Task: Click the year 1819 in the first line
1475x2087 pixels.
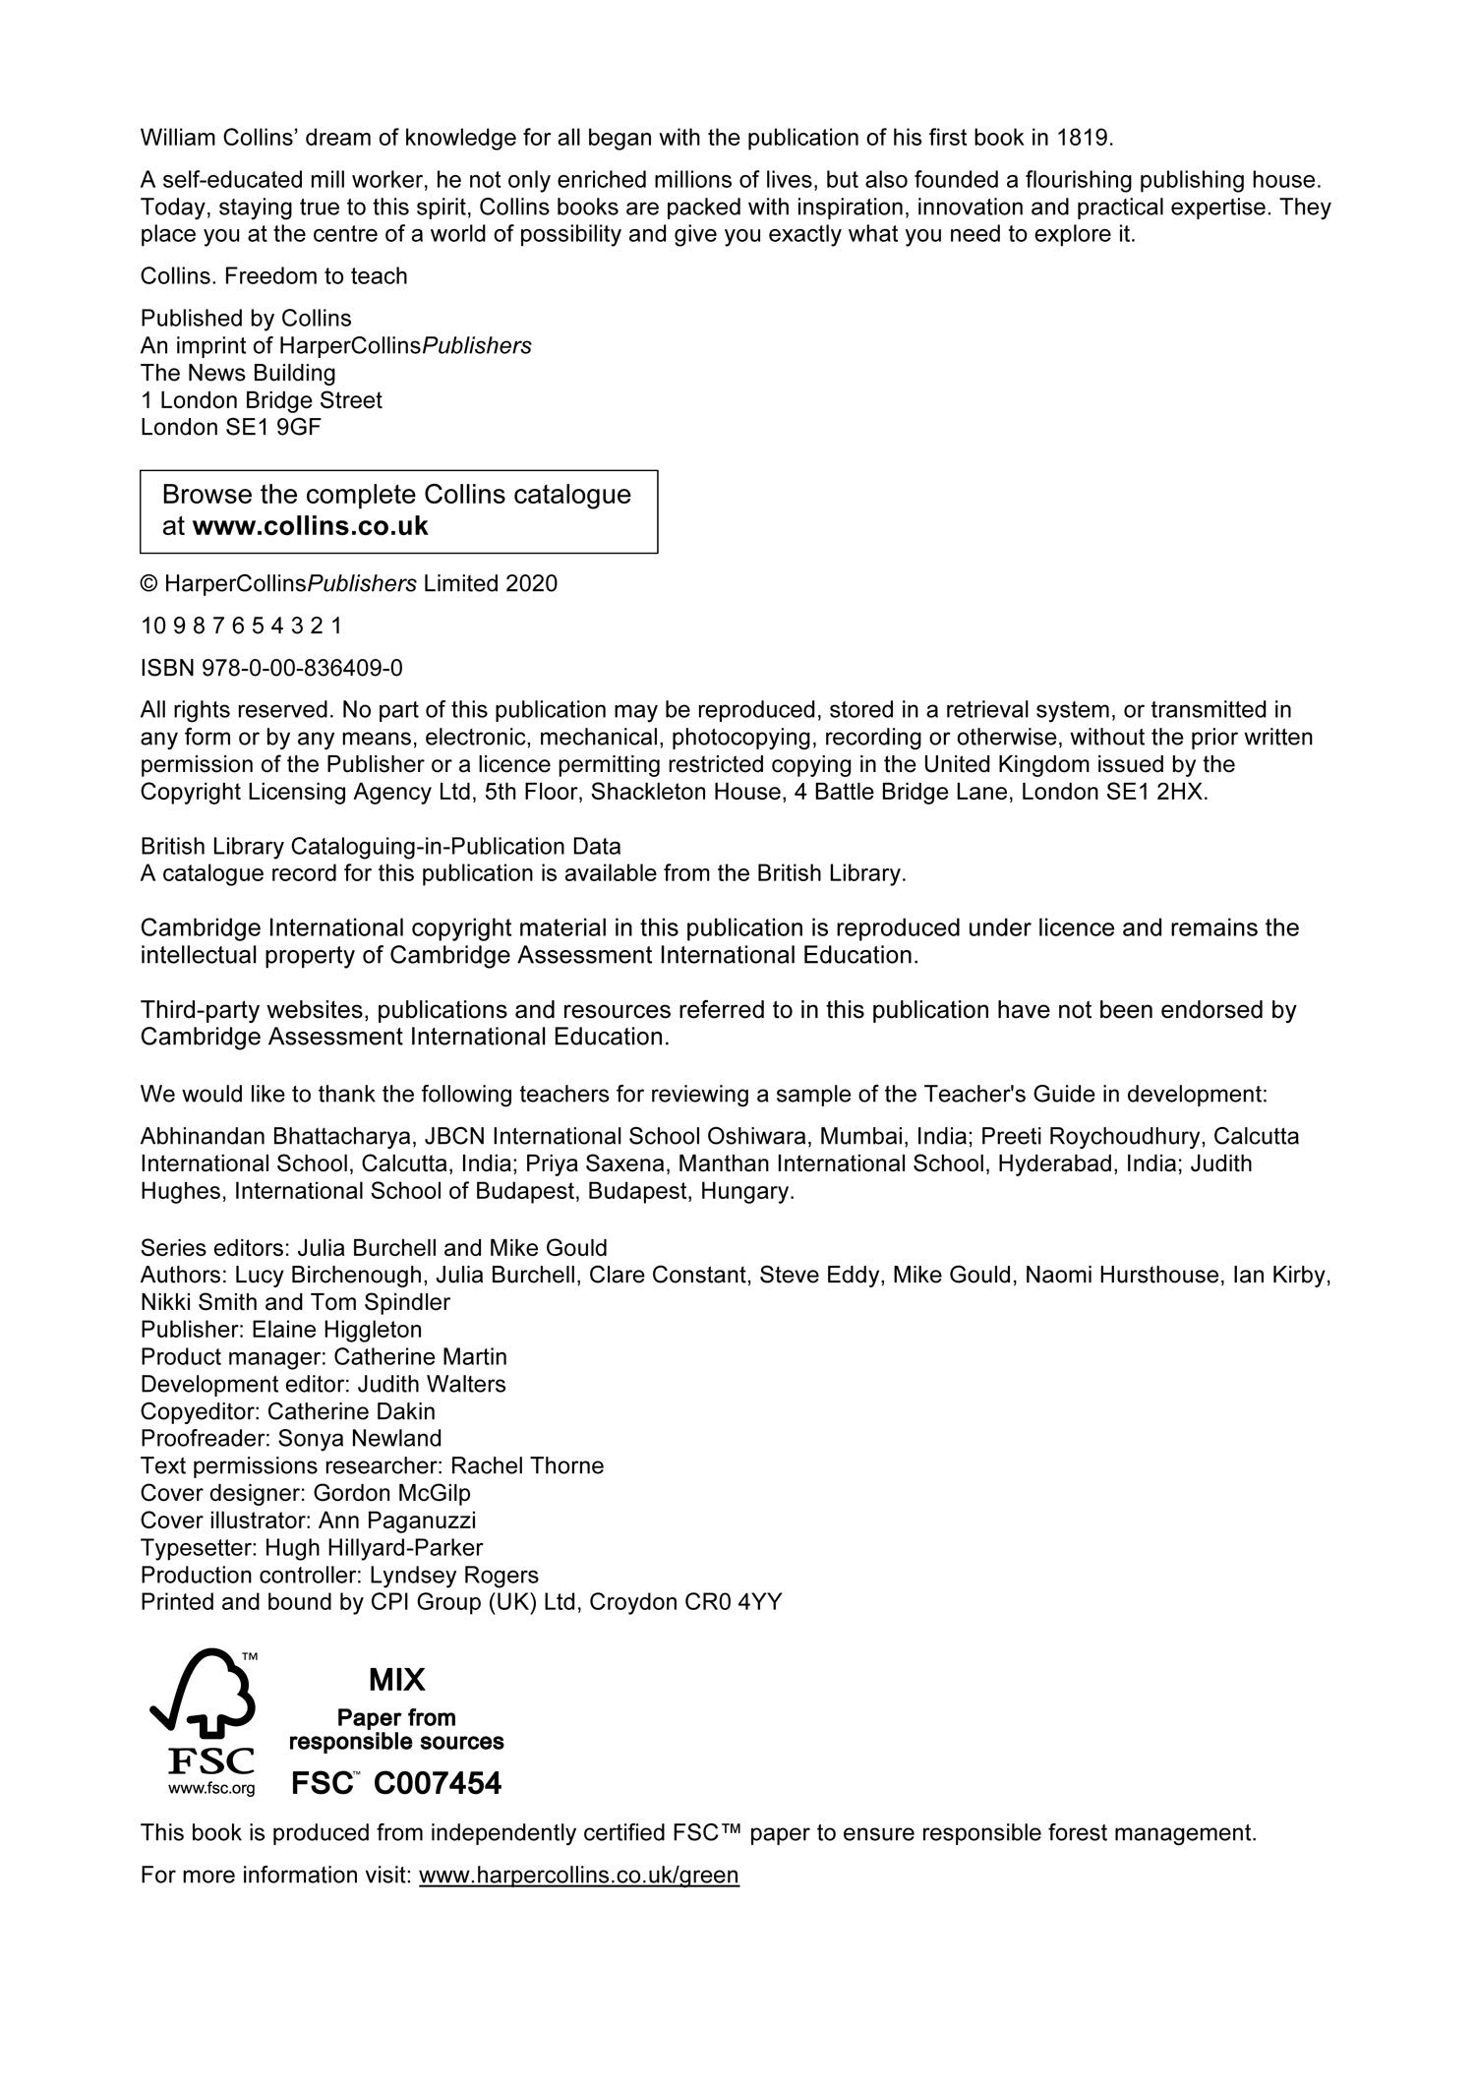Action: [x=1084, y=138]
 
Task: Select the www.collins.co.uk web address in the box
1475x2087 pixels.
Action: [x=310, y=526]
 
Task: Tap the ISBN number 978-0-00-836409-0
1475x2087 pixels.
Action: [x=302, y=669]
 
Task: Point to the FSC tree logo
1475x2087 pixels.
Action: [x=203, y=1696]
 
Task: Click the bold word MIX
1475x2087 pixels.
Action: [x=396, y=1679]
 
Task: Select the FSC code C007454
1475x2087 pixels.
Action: [x=438, y=1783]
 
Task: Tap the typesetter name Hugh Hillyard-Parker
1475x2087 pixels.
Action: [x=374, y=1548]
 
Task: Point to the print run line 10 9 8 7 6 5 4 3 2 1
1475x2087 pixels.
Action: [x=241, y=626]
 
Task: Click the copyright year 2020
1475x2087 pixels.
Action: [x=531, y=584]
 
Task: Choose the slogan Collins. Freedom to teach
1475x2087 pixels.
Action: [x=273, y=276]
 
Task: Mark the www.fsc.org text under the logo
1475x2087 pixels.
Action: [x=211, y=1788]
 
